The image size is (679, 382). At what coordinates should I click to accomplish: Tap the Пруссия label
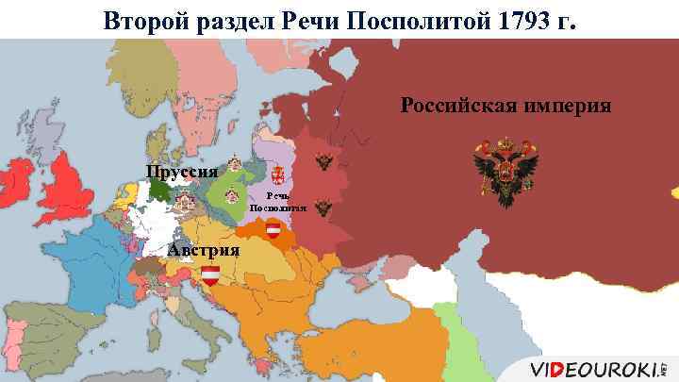[x=182, y=172]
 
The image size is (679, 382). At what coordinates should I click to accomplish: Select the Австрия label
[x=203, y=250]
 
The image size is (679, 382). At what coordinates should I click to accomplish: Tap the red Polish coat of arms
[x=277, y=174]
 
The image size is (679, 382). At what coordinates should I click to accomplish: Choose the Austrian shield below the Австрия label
[x=209, y=274]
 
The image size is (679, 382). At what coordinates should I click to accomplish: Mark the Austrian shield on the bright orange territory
[x=274, y=229]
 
